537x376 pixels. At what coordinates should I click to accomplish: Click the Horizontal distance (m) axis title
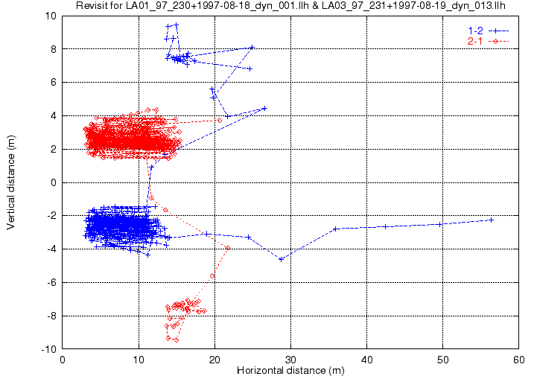pos(290,370)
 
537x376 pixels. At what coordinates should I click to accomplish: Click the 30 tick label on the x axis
pos(291,359)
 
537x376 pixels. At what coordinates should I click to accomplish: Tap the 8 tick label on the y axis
pos(54,49)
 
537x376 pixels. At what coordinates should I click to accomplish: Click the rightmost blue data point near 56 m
pos(492,220)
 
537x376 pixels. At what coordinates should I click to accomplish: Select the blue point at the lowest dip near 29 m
pos(281,259)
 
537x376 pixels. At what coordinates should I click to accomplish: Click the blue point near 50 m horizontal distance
pos(440,224)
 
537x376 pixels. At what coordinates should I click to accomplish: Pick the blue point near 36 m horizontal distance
pos(336,229)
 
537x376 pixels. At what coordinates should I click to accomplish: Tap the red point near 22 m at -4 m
pos(228,248)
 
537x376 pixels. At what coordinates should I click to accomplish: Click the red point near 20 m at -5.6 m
pos(212,275)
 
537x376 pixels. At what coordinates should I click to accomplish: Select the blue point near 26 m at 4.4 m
pos(264,108)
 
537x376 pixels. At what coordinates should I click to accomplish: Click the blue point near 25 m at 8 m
pos(252,47)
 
